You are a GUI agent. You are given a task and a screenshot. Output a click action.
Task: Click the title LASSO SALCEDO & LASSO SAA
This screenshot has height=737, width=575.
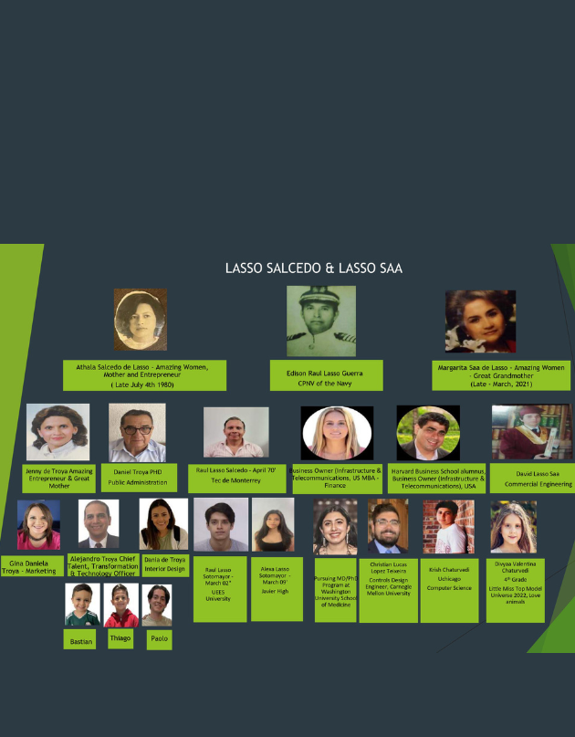[314, 268]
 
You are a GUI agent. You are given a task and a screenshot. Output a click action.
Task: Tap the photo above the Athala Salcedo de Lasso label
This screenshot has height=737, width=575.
[140, 319]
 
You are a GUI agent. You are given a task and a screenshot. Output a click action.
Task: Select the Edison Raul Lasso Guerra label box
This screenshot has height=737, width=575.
[326, 374]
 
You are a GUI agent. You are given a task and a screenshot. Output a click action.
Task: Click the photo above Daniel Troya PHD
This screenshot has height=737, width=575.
[137, 433]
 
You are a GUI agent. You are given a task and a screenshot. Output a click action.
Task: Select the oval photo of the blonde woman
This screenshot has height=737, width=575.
[337, 433]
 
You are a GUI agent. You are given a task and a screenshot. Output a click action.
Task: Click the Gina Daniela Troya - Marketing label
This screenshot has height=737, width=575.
[33, 565]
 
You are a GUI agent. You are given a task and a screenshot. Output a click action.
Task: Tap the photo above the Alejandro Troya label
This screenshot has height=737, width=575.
[99, 523]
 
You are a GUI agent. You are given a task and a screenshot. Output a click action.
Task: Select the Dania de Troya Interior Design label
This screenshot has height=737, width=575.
[164, 565]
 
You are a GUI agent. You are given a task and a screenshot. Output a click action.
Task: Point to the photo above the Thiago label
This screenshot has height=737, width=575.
[119, 605]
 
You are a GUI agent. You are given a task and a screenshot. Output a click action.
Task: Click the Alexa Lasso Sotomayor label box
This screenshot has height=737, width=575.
[277, 588]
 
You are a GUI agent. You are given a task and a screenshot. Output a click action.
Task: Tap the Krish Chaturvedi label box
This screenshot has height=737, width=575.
[449, 590]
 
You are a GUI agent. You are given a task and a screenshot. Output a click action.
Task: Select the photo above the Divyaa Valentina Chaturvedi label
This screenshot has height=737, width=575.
[507, 528]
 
